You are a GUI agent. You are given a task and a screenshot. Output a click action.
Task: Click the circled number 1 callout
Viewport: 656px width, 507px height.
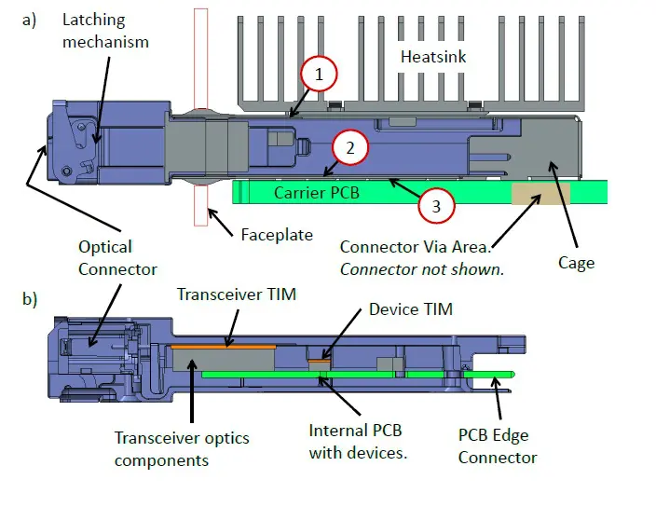[x=319, y=75]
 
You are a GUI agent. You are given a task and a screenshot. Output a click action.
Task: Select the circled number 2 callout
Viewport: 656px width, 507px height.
[x=350, y=147]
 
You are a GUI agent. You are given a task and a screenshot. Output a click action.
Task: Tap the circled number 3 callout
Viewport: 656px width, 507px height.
[x=435, y=205]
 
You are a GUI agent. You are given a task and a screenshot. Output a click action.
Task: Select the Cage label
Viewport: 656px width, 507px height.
[x=576, y=263]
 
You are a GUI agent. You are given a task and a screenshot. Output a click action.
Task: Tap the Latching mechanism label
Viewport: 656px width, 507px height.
[x=106, y=31]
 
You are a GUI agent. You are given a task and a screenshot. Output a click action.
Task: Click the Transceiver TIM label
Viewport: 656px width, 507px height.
[x=237, y=295]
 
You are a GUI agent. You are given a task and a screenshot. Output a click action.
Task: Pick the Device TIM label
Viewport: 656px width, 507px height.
[x=410, y=308]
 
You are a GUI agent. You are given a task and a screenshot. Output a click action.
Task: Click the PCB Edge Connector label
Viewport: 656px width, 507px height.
[x=498, y=445]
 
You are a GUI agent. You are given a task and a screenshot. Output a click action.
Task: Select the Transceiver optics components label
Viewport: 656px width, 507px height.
[x=182, y=448]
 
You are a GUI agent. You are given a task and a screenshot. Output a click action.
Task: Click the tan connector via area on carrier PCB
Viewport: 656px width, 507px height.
[x=540, y=194]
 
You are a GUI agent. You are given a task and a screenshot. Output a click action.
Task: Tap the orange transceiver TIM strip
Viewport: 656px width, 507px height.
[x=224, y=345]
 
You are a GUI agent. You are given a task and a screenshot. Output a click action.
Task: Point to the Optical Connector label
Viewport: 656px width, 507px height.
[x=105, y=258]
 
